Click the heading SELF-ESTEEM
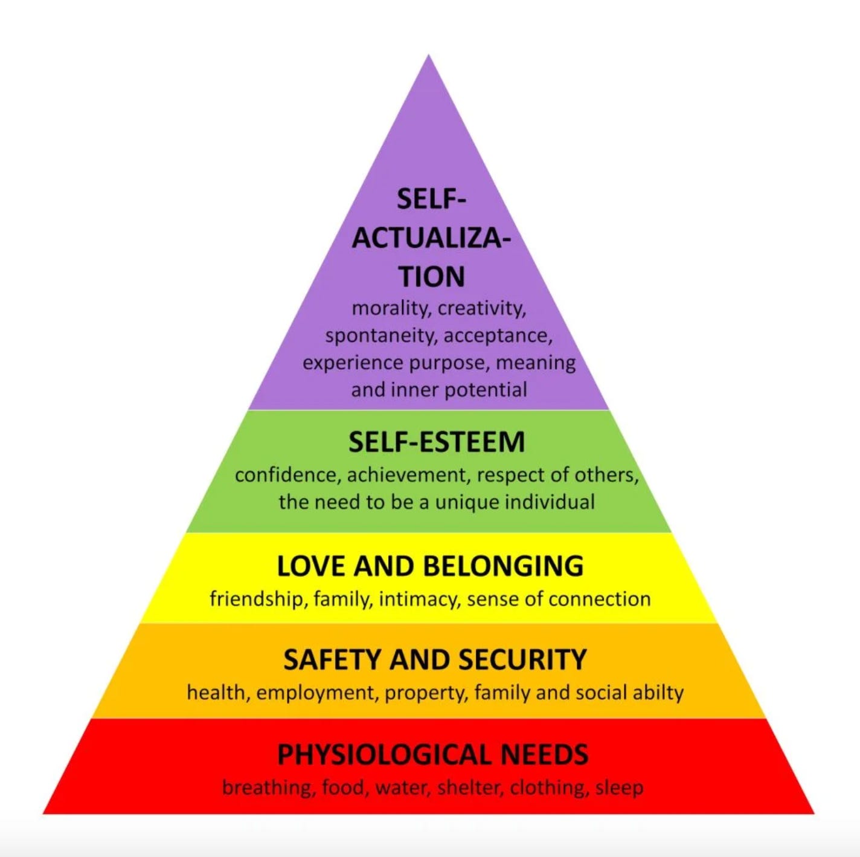(436, 442)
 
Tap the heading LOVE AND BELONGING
(430, 566)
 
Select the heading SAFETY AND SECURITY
(435, 659)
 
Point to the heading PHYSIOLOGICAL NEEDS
(432, 754)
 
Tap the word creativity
(482, 308)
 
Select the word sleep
(619, 787)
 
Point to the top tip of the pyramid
(429, 57)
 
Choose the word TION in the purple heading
(432, 277)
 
